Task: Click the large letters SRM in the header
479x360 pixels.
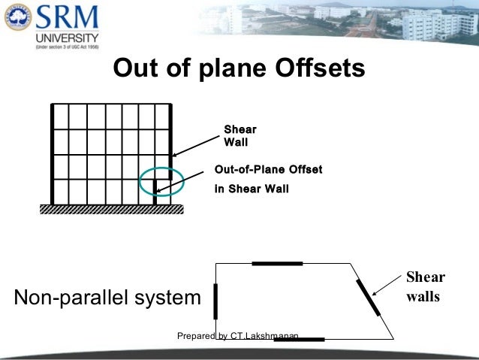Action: (60, 16)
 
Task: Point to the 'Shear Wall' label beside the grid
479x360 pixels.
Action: (240, 135)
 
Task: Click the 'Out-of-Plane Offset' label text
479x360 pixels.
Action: (268, 170)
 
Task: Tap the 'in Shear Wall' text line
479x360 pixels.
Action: (252, 189)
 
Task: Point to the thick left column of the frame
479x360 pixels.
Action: (52, 153)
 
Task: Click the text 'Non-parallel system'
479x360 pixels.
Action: (107, 298)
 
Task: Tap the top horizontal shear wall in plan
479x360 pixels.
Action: (277, 264)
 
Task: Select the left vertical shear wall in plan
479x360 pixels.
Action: (215, 301)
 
